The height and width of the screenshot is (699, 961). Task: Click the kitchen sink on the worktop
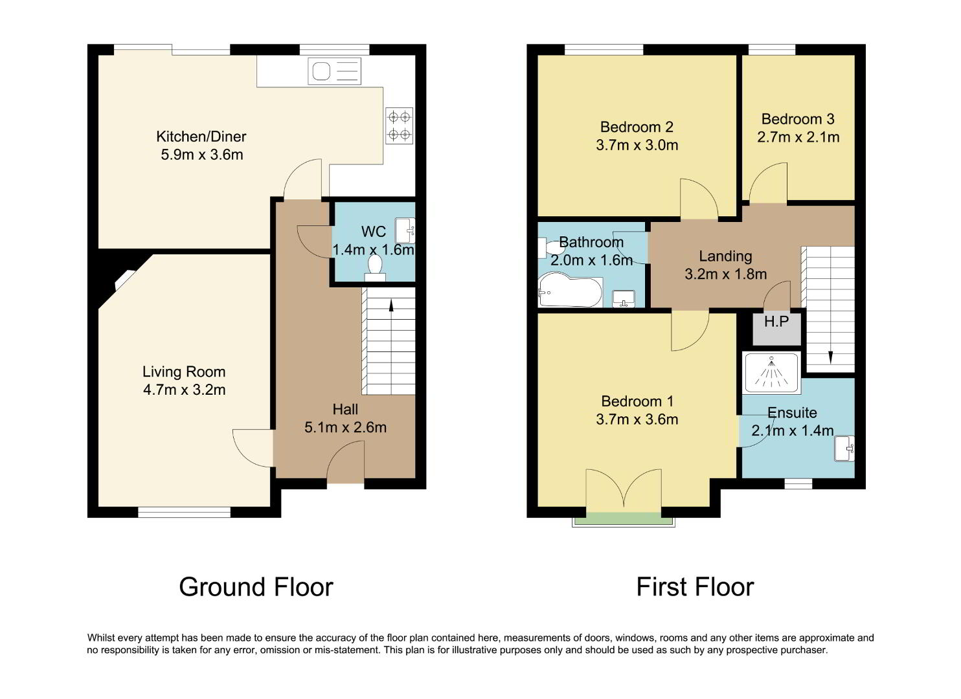(x=334, y=71)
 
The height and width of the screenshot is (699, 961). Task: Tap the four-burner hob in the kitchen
(x=399, y=126)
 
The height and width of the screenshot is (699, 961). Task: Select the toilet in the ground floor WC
(x=375, y=268)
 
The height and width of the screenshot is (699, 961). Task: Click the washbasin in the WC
(x=405, y=230)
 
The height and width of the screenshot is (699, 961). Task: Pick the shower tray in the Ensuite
(x=772, y=373)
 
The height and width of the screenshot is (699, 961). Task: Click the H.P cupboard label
(x=776, y=321)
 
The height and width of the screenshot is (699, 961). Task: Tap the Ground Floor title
(x=256, y=587)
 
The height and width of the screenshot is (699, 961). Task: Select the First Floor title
(x=695, y=587)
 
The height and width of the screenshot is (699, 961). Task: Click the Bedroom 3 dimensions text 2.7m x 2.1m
(x=798, y=137)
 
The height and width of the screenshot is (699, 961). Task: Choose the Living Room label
(x=184, y=372)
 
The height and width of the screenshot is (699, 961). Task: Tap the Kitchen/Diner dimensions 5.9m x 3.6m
(x=201, y=155)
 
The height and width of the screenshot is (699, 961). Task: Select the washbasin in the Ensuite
(x=844, y=449)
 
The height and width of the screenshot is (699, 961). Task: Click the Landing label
(x=725, y=256)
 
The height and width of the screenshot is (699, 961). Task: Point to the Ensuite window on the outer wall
(x=798, y=483)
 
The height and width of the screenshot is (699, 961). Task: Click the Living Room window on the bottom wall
(x=185, y=512)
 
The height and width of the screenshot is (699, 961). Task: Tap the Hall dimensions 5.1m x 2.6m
(x=345, y=427)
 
